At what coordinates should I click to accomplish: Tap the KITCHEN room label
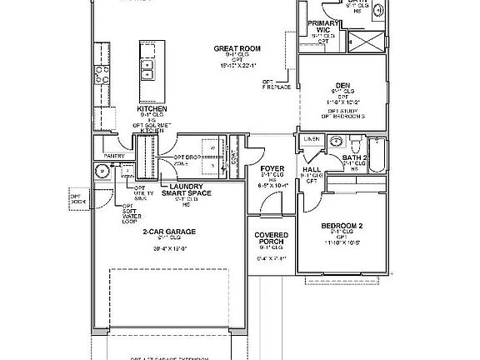coord(152,109)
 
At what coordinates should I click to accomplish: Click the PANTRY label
coord(113,156)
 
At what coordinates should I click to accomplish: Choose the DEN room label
coord(342,83)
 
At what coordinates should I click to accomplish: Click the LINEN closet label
coord(312,138)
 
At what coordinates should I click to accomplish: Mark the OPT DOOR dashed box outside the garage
coord(79,198)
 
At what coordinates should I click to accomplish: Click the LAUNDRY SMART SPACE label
coord(187,189)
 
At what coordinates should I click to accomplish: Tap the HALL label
coord(312,169)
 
